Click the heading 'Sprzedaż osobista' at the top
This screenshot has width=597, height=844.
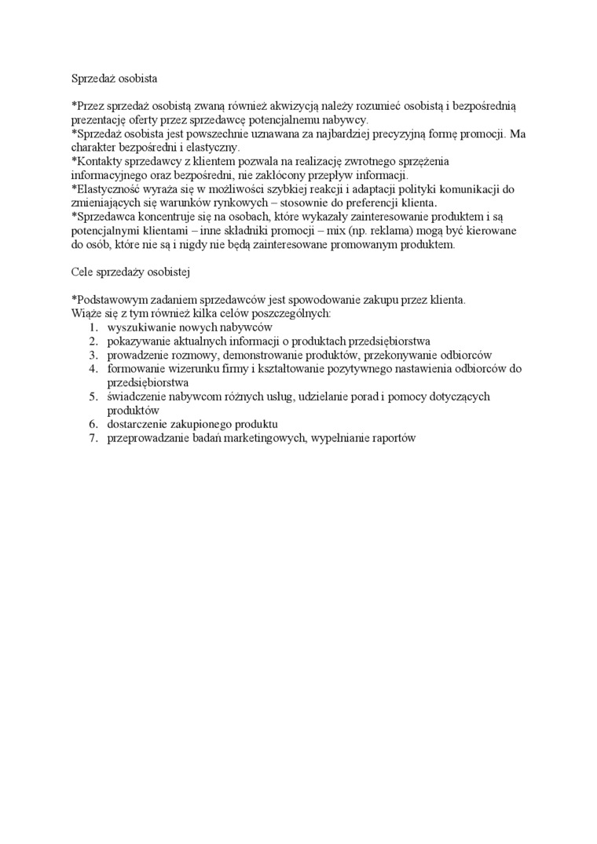(x=115, y=79)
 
